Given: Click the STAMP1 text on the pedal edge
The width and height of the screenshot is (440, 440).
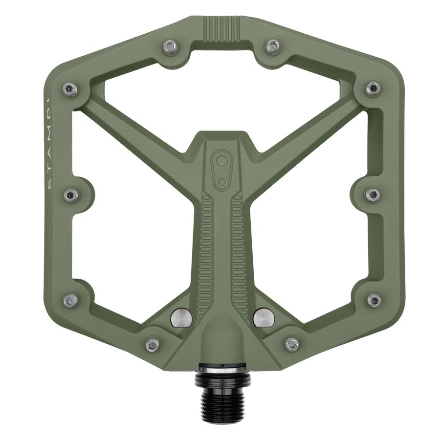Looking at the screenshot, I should tap(52, 147).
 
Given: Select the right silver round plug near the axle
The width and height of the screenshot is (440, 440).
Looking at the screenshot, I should tap(264, 317).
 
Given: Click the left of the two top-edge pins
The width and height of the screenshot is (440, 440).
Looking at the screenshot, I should tap(170, 46).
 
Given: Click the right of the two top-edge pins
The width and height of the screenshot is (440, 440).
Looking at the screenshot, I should tap(273, 46).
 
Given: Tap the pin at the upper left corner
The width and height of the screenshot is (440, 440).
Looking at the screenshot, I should tap(70, 89).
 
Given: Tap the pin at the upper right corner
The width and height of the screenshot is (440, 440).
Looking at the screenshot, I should tap(373, 88).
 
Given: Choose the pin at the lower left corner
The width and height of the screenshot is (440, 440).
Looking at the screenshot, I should tap(71, 300).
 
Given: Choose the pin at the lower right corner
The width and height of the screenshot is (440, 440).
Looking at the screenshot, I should tap(374, 300).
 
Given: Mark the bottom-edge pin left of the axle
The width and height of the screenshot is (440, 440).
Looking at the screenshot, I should tap(153, 345).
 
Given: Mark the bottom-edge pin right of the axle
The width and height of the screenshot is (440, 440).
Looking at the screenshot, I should tap(292, 344).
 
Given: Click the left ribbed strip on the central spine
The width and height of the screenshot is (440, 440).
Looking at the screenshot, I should tap(206, 249).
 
